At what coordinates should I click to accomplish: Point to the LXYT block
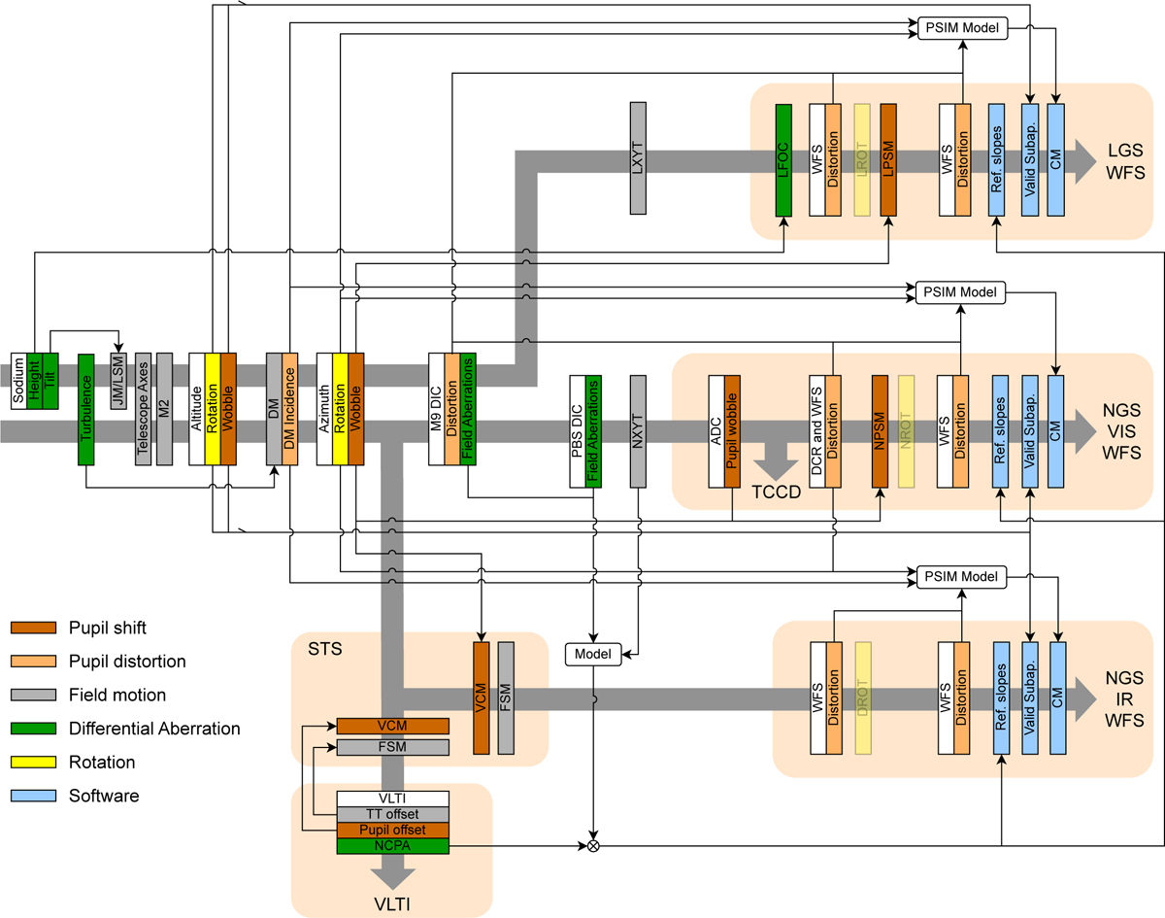click(638, 158)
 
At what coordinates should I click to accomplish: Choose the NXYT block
click(638, 431)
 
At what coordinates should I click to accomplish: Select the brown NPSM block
click(881, 431)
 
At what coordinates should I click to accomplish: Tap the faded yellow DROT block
click(862, 697)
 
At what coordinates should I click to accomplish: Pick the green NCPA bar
click(392, 846)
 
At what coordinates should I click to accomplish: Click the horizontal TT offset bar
click(392, 814)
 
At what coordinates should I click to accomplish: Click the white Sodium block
click(18, 381)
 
